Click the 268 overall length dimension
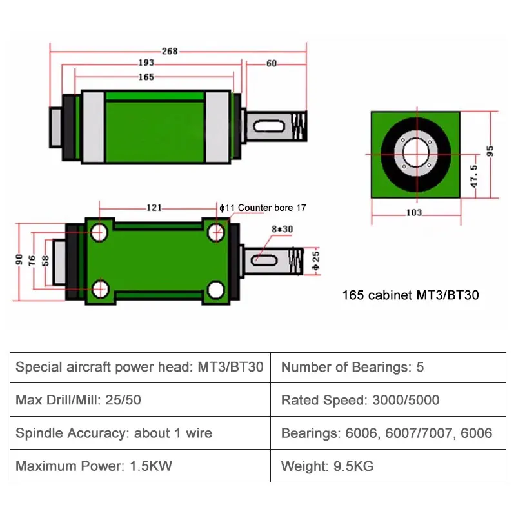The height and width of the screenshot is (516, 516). pyautogui.click(x=170, y=52)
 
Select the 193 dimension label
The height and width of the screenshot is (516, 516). pyautogui.click(x=146, y=63)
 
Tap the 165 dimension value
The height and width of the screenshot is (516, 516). pyautogui.click(x=146, y=77)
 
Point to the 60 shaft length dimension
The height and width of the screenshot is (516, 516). pyautogui.click(x=271, y=63)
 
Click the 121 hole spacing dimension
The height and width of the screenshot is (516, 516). pyautogui.click(x=154, y=208)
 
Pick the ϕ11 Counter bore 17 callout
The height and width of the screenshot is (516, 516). pyautogui.click(x=263, y=208)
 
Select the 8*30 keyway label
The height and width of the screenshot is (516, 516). pyautogui.click(x=282, y=229)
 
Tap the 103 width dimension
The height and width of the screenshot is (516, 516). pyautogui.click(x=414, y=212)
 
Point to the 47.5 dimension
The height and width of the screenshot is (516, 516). pyautogui.click(x=474, y=176)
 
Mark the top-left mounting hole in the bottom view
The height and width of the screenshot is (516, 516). pyautogui.click(x=99, y=231)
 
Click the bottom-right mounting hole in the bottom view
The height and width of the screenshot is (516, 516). pyautogui.click(x=216, y=289)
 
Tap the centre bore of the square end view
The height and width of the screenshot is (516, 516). pyautogui.click(x=414, y=154)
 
